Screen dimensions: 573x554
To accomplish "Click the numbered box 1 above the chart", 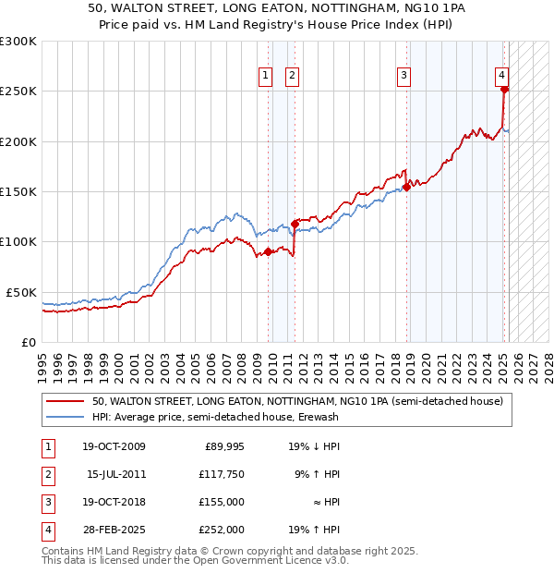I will [265, 77].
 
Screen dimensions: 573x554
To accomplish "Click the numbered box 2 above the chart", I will [292, 77].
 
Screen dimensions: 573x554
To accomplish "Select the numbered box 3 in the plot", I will [403, 77].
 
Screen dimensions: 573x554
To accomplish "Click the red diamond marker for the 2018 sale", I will [406, 188].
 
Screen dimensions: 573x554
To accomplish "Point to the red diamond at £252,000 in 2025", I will [505, 90].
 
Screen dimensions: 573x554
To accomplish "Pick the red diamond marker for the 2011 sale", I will [295, 224].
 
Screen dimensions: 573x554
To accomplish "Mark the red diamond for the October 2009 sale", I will [268, 251].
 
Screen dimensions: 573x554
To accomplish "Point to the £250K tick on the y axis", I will [18, 91].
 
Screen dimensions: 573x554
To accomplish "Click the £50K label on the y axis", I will [22, 292].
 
